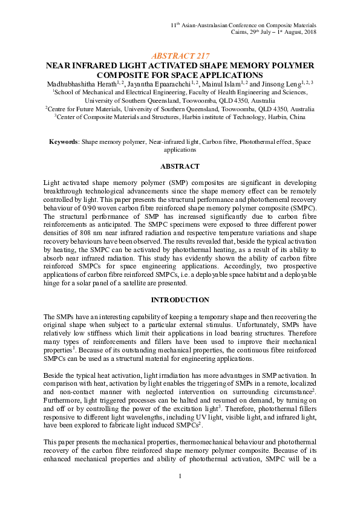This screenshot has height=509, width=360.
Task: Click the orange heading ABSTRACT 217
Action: pos(180,55)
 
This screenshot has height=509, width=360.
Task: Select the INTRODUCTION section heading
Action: pos(180,300)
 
